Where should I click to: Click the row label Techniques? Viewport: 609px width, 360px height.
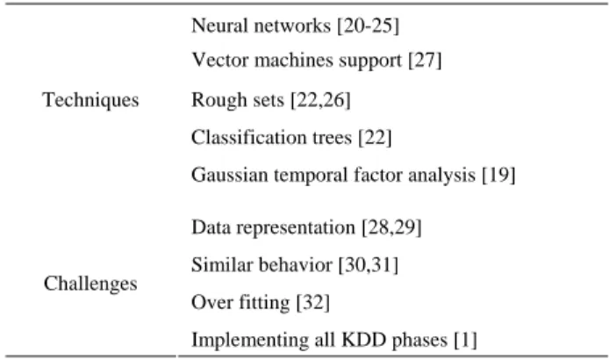(90, 100)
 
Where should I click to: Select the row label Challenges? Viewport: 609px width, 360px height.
(90, 284)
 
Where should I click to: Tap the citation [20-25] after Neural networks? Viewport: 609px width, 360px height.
(369, 26)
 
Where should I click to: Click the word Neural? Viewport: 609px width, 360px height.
(220, 25)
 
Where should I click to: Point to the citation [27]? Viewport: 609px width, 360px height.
(425, 61)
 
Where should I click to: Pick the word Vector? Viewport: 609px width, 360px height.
(220, 60)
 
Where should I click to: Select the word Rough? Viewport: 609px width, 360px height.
(219, 100)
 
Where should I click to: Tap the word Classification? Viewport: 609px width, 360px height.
(248, 137)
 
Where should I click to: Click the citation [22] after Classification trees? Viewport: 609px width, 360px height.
(375, 138)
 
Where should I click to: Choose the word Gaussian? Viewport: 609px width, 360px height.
(230, 175)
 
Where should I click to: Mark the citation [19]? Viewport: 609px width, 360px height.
(498, 175)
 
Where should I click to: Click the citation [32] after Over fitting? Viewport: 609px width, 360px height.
(313, 302)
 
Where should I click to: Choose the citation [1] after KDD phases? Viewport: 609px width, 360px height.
(465, 340)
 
